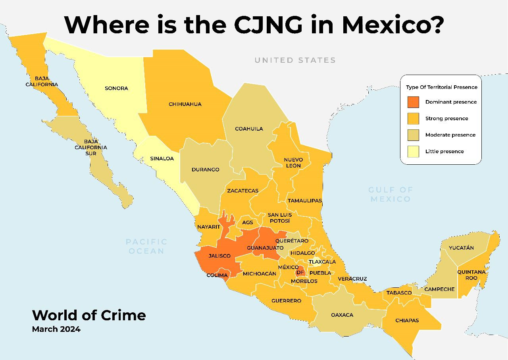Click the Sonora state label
[x=116, y=88]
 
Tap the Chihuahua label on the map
[x=185, y=104]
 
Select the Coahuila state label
[x=249, y=129]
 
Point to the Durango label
[x=205, y=169]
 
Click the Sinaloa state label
[x=162, y=158]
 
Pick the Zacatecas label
[x=242, y=191]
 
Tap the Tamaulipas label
[x=305, y=200]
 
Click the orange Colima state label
[x=217, y=275]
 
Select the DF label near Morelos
[x=300, y=272]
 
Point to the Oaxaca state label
[x=342, y=315]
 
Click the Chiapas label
[x=407, y=320]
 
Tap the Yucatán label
[x=461, y=248]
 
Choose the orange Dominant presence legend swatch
[x=413, y=102]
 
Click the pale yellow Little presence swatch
[x=413, y=151]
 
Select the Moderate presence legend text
[x=450, y=135]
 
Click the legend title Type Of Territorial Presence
[x=441, y=87]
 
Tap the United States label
[x=295, y=60]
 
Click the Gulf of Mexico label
[x=391, y=194]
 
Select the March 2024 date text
[x=56, y=329]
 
